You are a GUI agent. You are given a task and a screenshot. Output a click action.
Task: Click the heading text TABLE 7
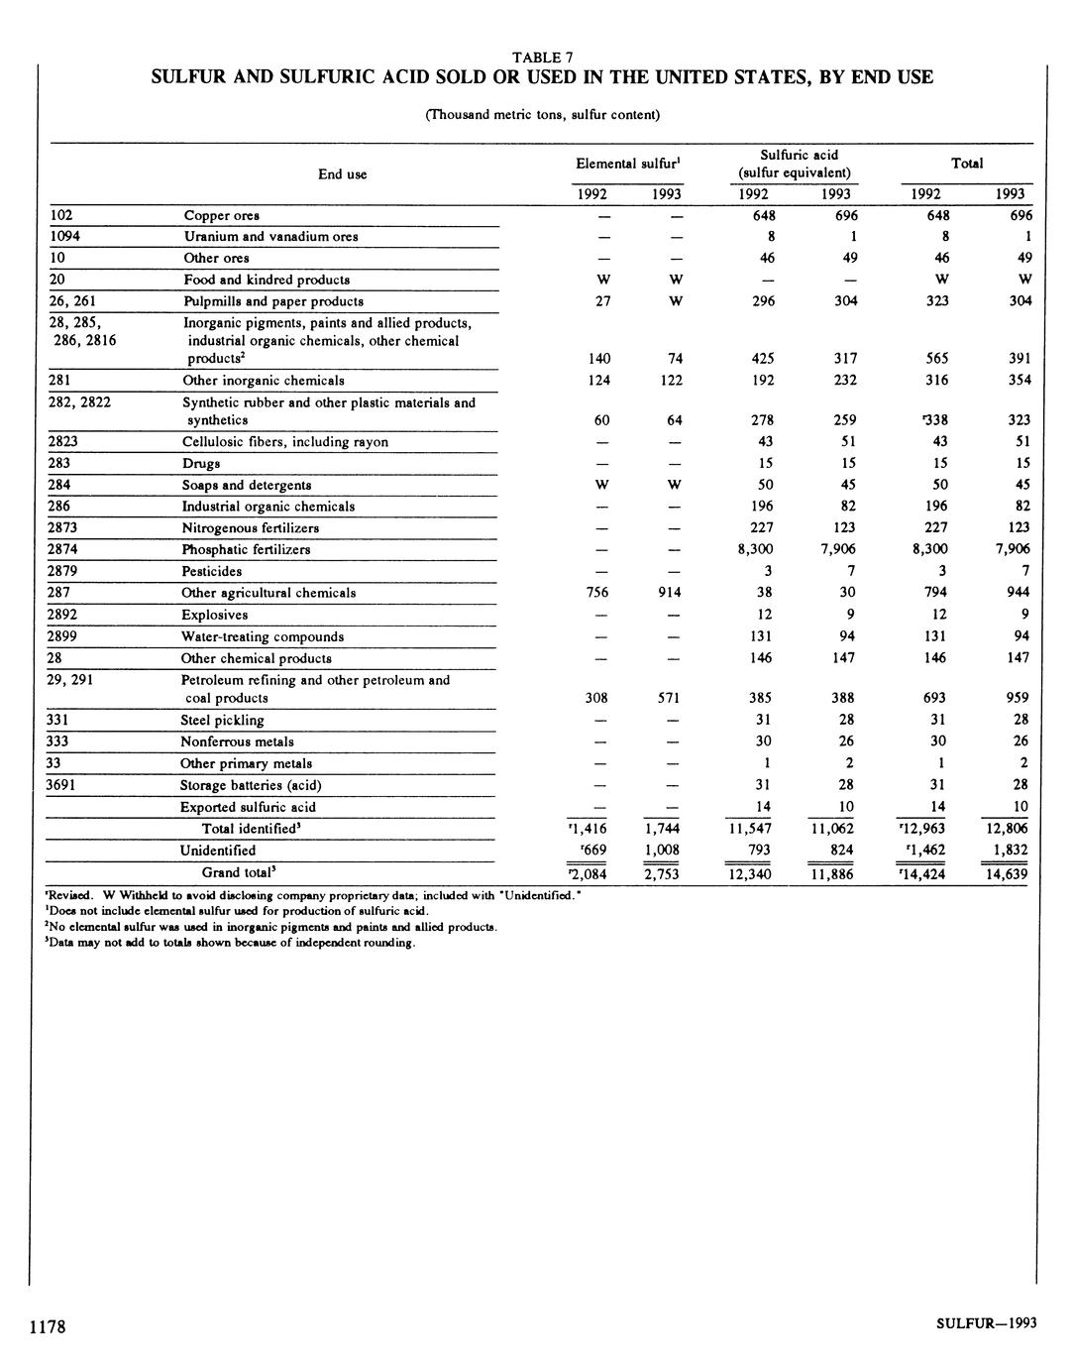pos(542,57)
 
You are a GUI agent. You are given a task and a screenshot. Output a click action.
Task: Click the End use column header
pos(343,174)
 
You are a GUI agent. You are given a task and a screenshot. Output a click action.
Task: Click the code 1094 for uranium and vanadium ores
pos(64,236)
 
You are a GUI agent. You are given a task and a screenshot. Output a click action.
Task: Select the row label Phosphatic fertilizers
pos(246,549)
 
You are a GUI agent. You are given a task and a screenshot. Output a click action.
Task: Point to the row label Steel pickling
pos(222,720)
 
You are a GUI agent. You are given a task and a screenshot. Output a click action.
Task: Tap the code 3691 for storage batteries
pos(64,784)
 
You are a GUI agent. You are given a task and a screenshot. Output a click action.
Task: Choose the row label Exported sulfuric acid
pos(248,807)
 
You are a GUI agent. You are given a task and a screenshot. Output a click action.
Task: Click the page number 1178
pos(47,1326)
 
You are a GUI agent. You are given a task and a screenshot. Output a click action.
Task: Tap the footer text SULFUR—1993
pos(986,1323)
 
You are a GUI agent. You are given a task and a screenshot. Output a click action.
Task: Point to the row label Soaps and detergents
pos(247,485)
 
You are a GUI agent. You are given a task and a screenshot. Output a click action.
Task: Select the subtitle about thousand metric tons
pos(542,114)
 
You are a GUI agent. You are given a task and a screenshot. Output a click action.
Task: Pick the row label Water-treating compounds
pos(263,636)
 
